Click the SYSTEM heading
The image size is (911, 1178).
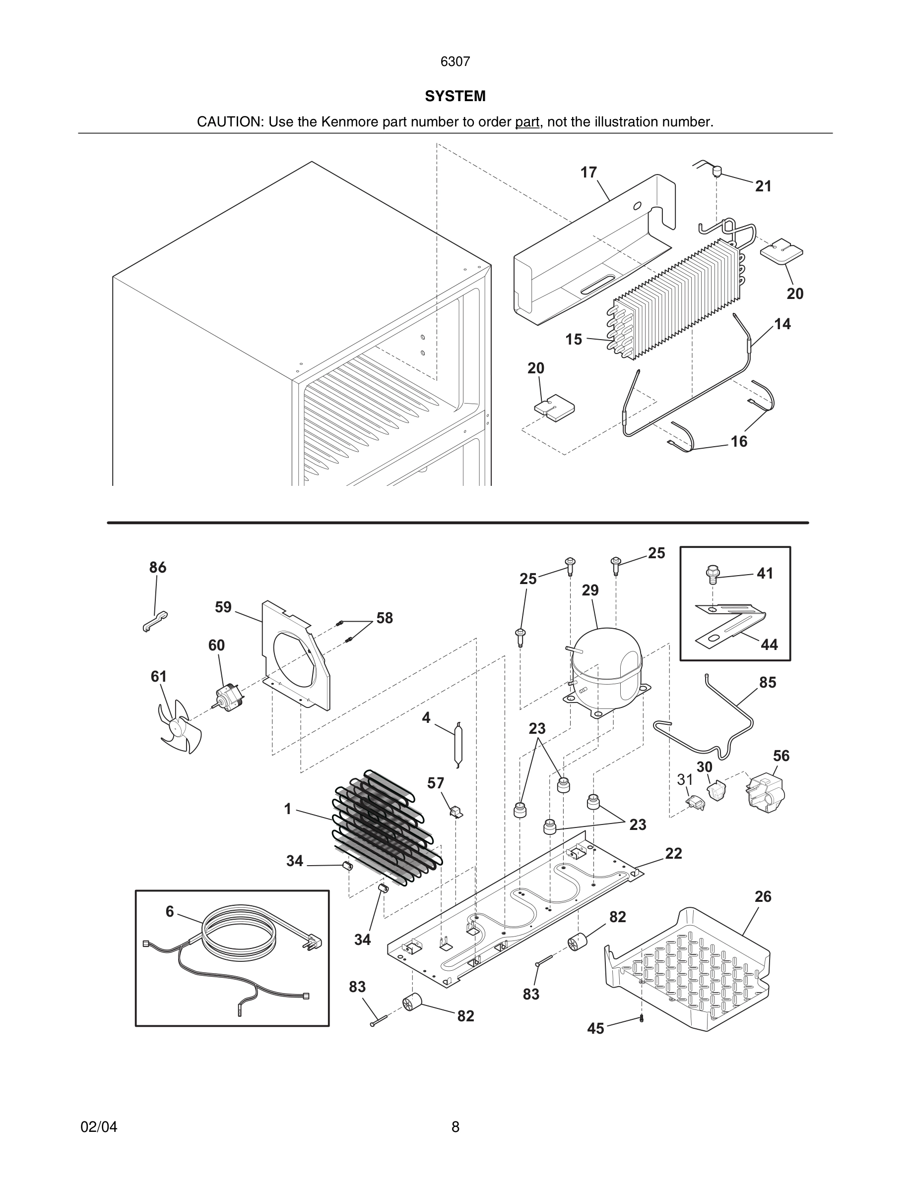tap(455, 96)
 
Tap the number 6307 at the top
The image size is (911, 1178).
tap(455, 62)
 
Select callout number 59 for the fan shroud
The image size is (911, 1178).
tap(223, 607)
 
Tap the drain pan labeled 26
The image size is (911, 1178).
tap(688, 971)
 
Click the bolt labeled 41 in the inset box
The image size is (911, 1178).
tap(713, 575)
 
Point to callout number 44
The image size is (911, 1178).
tap(769, 645)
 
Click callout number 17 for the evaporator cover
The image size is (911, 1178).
tap(588, 173)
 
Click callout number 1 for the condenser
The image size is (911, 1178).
tap(288, 809)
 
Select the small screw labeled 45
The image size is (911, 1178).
tap(641, 1018)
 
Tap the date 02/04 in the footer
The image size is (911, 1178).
tap(99, 1127)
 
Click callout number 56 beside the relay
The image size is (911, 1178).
tap(781, 756)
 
